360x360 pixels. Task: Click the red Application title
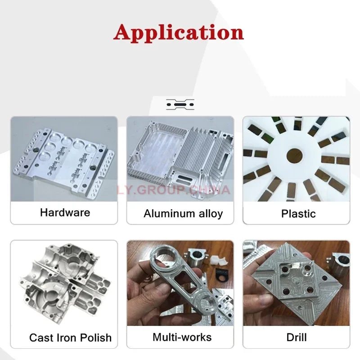click(179, 32)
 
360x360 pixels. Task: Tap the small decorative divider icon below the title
click(180, 104)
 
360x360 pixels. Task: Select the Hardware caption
click(65, 212)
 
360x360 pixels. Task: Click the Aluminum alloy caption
click(183, 213)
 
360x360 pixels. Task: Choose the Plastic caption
click(298, 213)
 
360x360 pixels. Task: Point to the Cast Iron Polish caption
click(70, 337)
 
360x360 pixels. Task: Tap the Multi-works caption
click(182, 337)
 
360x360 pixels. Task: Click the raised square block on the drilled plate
click(293, 272)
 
